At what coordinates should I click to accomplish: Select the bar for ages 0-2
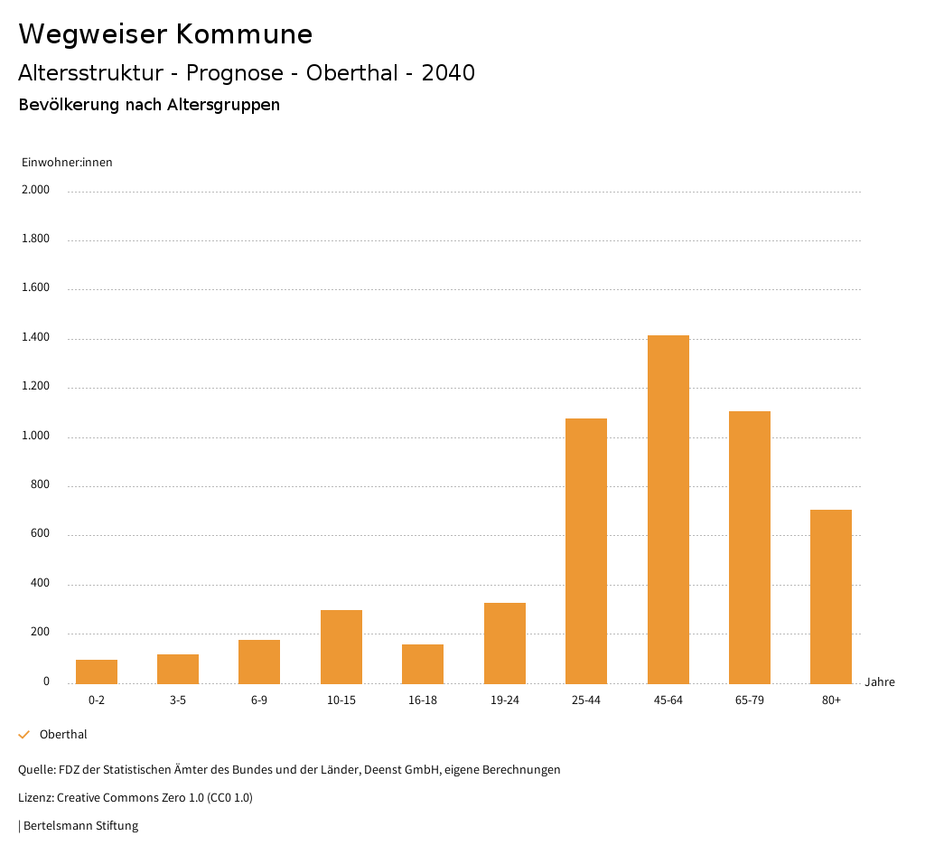[x=97, y=672]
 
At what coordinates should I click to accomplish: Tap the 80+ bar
[x=831, y=597]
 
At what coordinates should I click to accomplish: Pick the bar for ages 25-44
[x=586, y=550]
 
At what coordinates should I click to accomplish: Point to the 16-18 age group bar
[x=423, y=663]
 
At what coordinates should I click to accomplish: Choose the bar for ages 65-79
[x=750, y=547]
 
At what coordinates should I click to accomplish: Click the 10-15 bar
[x=341, y=646]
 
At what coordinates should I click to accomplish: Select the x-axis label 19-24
[x=504, y=700]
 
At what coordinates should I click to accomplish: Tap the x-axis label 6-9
[x=259, y=700]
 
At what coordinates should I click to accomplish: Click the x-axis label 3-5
[x=178, y=700]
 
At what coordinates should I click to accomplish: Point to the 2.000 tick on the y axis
[x=37, y=190]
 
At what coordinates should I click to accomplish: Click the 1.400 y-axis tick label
[x=37, y=337]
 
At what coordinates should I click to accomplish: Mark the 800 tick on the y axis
[x=41, y=485]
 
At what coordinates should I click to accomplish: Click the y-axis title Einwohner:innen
[x=67, y=163]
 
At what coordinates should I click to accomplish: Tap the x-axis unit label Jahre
[x=880, y=682]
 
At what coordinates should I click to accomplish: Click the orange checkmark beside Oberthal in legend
[x=24, y=735]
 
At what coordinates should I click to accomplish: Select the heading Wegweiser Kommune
[x=165, y=34]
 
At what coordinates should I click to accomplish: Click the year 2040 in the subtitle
[x=448, y=73]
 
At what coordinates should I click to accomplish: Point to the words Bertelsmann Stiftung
[x=80, y=825]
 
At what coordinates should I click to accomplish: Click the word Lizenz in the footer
[x=35, y=798]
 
